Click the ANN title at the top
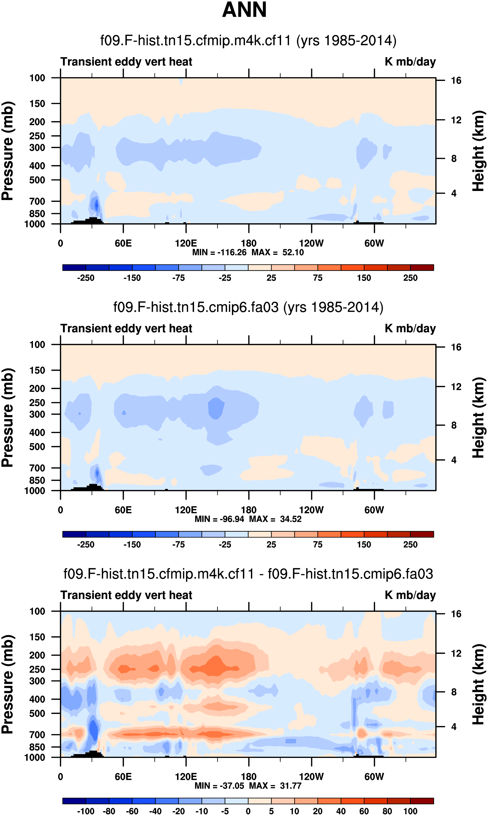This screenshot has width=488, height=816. tap(244, 10)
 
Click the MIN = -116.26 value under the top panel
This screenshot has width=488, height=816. tap(219, 252)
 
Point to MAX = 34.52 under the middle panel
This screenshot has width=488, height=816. tap(275, 519)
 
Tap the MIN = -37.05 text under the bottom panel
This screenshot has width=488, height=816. tap(219, 786)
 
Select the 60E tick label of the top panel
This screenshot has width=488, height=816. tap(123, 244)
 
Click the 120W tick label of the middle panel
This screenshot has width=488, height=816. tap(311, 510)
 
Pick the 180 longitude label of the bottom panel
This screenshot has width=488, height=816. tap(249, 776)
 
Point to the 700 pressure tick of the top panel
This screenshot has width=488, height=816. tap(37, 201)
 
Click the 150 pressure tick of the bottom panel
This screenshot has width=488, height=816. tap(37, 637)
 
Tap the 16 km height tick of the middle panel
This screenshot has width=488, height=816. tap(456, 347)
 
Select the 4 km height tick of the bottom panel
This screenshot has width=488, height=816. tap(454, 727)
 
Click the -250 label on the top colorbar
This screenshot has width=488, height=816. tap(86, 278)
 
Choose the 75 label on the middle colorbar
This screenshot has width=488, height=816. tap(318, 545)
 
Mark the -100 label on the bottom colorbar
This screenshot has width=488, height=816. tap(86, 811)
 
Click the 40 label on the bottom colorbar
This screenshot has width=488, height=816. tap(341, 811)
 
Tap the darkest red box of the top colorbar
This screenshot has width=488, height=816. tap(422, 268)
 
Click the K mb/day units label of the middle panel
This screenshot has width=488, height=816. tap(410, 328)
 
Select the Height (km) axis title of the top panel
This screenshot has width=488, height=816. tap(478, 151)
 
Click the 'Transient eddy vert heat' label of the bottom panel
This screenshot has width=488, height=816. tap(126, 595)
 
